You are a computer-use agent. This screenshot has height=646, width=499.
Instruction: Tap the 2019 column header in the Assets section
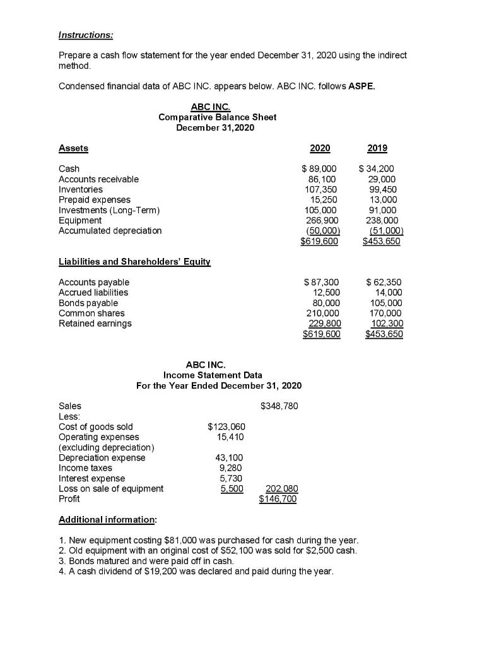click(x=378, y=148)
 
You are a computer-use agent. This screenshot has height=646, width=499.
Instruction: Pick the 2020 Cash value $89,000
click(x=320, y=169)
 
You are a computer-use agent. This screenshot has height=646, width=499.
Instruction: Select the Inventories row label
click(x=80, y=189)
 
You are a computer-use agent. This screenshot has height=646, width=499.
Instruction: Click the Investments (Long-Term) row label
click(x=109, y=210)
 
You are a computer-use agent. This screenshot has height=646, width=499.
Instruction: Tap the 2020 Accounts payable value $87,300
click(x=320, y=282)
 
